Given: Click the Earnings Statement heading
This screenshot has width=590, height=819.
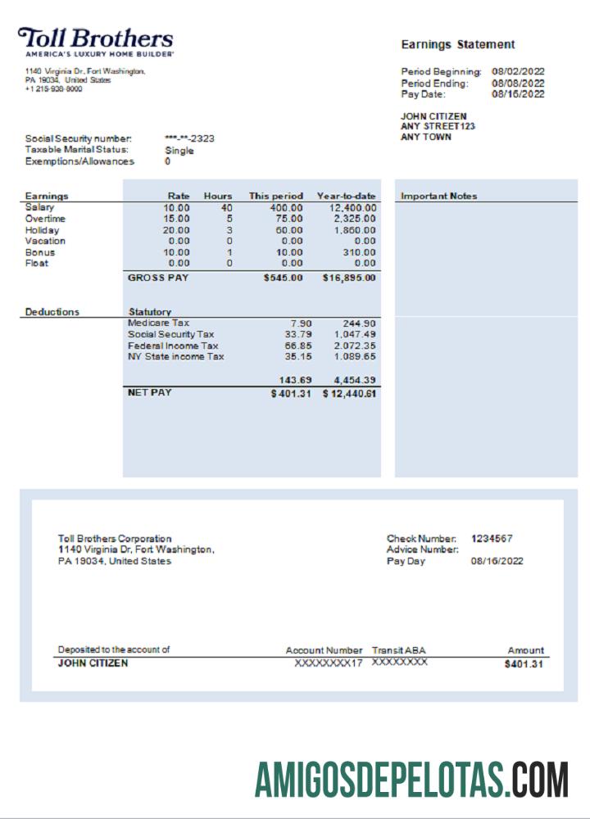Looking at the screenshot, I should coord(457,44).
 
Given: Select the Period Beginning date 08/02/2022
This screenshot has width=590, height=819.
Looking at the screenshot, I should coord(518,71).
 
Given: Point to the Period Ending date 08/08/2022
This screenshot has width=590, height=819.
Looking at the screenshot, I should coord(518,83).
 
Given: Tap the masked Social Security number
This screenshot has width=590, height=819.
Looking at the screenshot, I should coord(189,138).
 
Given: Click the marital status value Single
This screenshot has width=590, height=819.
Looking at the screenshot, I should coord(179,150).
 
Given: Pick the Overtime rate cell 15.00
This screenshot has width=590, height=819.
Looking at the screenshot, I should coord(176,219).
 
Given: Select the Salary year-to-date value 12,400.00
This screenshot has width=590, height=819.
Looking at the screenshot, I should coord(351,208).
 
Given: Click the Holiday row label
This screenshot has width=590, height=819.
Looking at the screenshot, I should coord(42,230).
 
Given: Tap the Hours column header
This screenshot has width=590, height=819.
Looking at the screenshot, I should coord(218,197).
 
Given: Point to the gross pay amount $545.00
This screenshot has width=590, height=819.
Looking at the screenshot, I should coord(284,278).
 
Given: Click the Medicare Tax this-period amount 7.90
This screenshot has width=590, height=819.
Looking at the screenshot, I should coord(295,324).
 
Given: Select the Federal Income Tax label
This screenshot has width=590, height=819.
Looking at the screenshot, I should coord(173,346).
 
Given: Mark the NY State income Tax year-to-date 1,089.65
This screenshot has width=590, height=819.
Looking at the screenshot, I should coord(354,357).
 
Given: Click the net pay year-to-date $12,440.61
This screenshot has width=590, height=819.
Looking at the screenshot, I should coord(349,394).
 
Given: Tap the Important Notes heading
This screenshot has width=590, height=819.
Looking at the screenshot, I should coord(438,197).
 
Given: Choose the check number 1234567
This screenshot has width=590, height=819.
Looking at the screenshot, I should coord(492,538).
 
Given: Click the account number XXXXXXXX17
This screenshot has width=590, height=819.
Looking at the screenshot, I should coord(328,663).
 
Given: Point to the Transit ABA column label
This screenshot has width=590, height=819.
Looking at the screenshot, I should coord(398,650).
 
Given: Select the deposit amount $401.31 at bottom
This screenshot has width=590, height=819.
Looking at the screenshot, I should coord(524,664).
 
